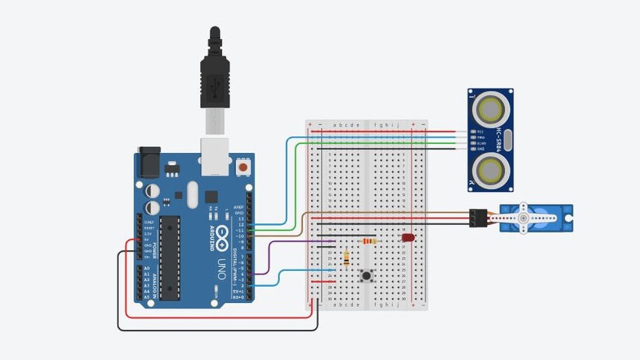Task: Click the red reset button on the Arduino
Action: coord(243,166)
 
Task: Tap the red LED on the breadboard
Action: coord(408,238)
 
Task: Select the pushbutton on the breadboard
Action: coord(366,276)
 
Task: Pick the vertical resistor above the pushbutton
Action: coord(345,258)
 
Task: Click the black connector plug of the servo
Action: coord(477,217)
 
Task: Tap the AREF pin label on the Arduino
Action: coord(239,206)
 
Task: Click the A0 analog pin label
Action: coord(146,268)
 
